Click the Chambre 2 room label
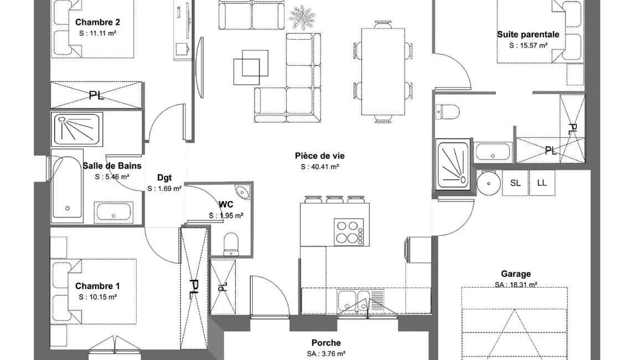[97, 22]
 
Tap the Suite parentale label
[528, 35]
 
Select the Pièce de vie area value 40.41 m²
[320, 167]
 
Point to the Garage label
[516, 274]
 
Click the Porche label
[326, 343]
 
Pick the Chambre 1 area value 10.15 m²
[98, 297]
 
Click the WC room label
[226, 204]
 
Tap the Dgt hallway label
[164, 178]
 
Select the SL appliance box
[515, 183]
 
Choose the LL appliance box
[542, 183]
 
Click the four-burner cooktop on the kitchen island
[349, 232]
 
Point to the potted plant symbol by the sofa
[302, 17]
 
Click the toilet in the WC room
[231, 244]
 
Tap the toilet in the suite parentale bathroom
[447, 111]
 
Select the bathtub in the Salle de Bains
[67, 187]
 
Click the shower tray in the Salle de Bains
[77, 129]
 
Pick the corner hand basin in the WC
[242, 192]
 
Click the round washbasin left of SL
[489, 183]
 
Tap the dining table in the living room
[382, 71]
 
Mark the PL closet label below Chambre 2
[96, 95]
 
